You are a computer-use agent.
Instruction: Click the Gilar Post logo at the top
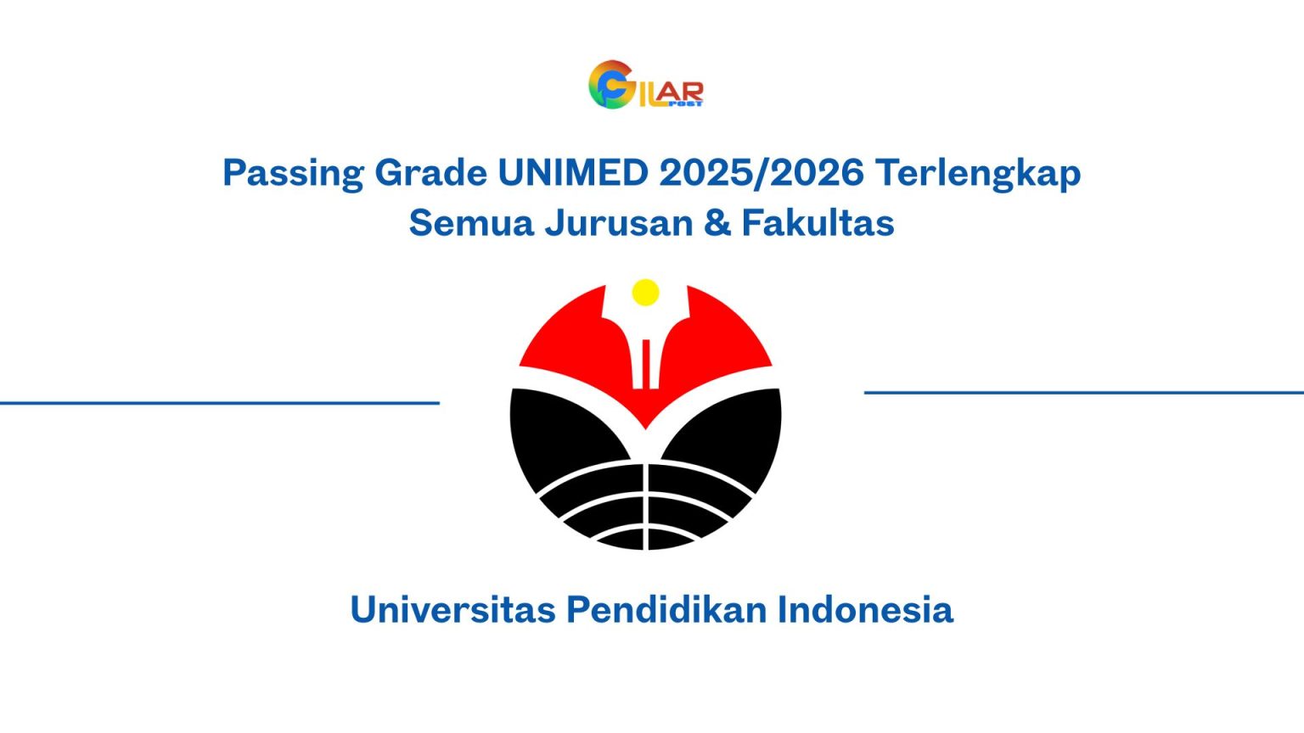(x=645, y=85)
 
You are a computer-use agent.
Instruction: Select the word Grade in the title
(x=430, y=173)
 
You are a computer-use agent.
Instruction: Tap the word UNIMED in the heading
(x=573, y=173)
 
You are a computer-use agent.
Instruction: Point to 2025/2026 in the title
(x=762, y=173)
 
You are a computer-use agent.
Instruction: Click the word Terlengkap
(x=978, y=174)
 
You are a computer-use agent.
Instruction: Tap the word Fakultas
(x=818, y=223)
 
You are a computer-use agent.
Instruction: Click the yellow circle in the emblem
(x=646, y=292)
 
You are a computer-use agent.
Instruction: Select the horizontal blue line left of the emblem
(x=220, y=403)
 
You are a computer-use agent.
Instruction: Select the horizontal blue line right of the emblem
(x=1083, y=393)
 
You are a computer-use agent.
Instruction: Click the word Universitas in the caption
(x=452, y=610)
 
